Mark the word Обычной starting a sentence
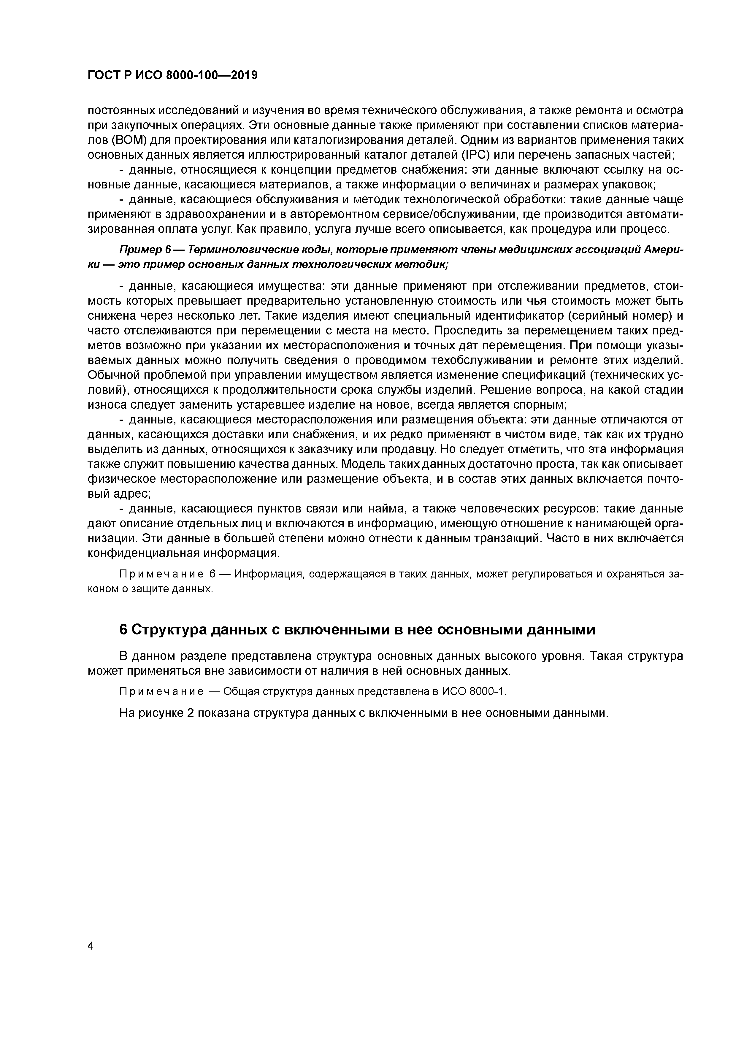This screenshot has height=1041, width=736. pos(115,375)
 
